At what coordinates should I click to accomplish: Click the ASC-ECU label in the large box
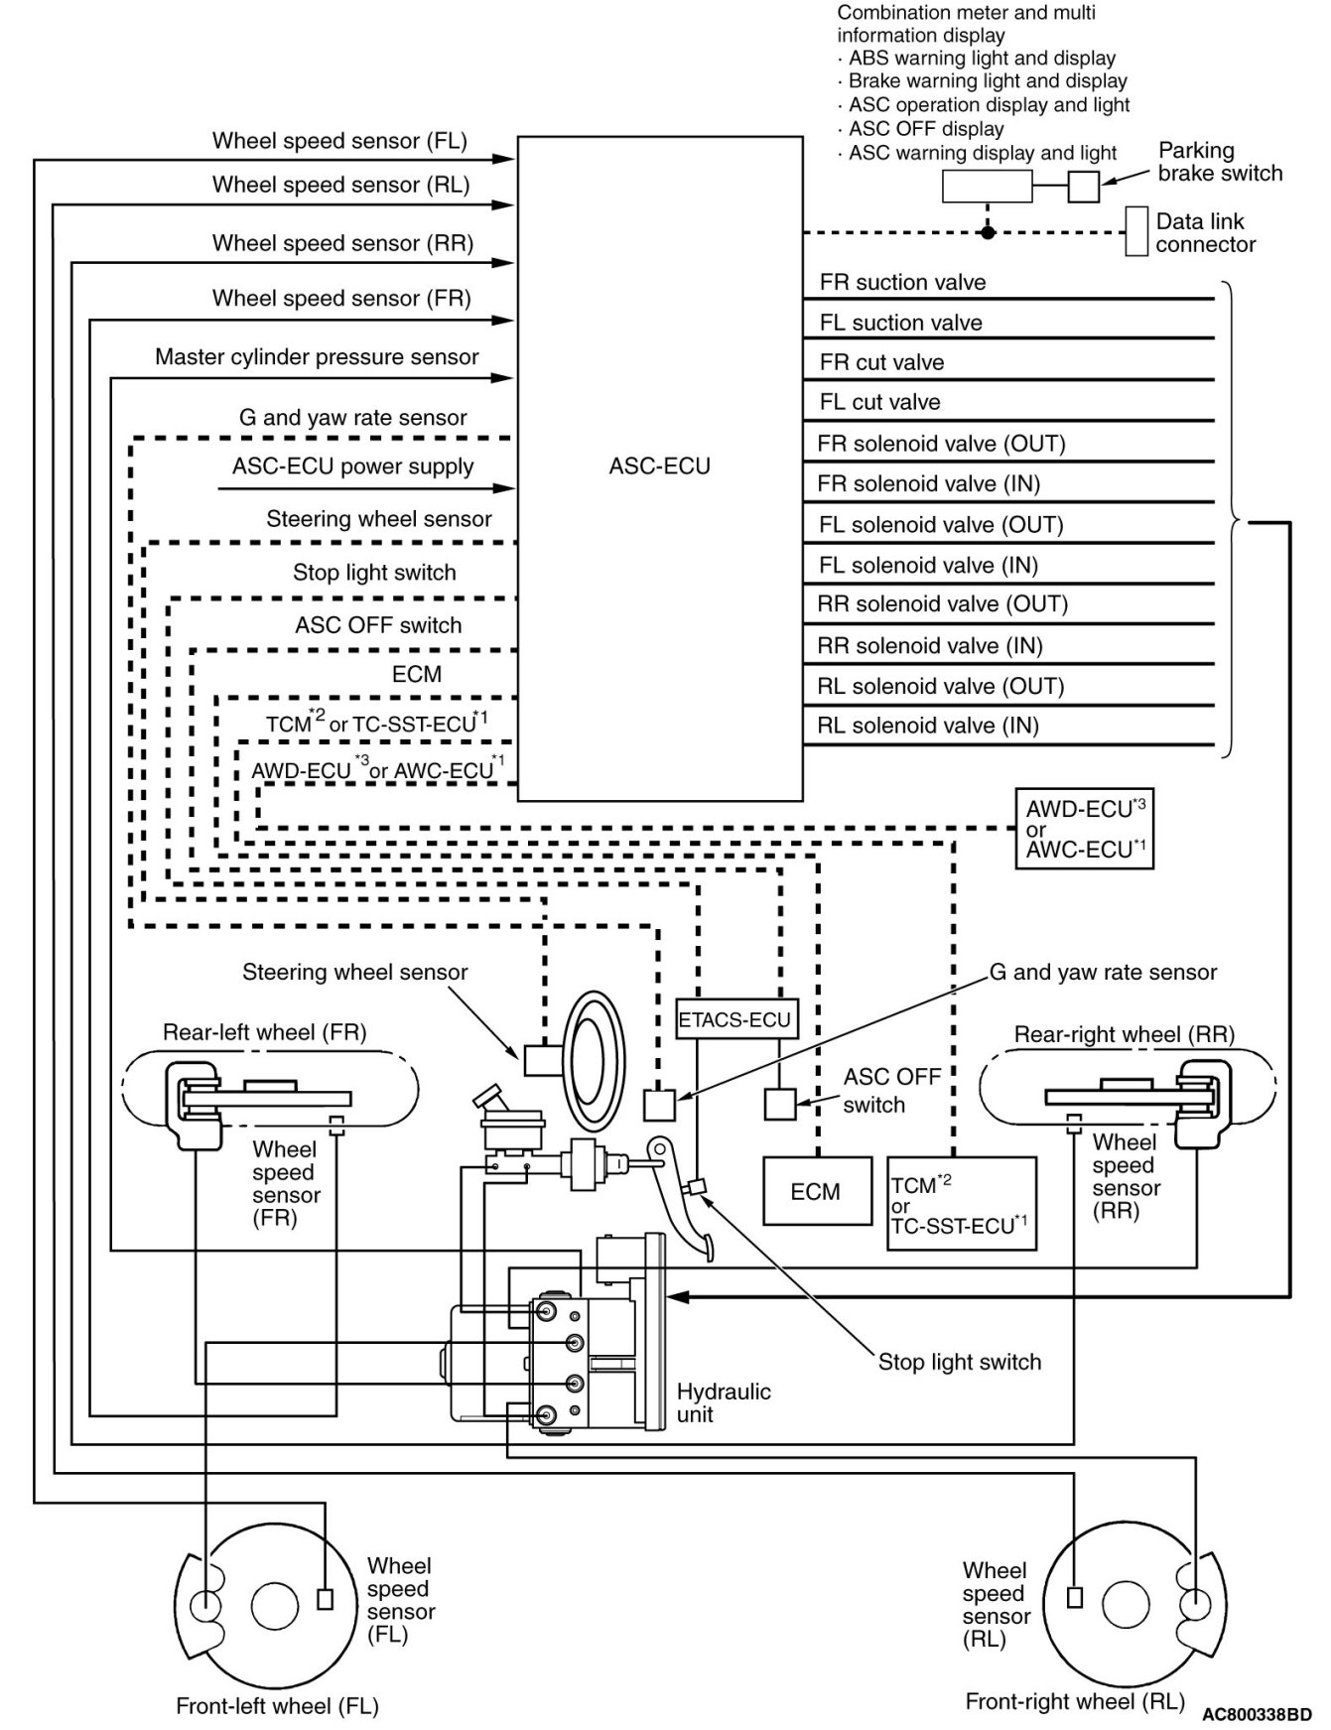pyautogui.click(x=660, y=466)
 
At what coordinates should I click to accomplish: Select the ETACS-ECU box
pyautogui.click(x=735, y=1018)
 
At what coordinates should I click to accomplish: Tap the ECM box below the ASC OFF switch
pyautogui.click(x=817, y=1191)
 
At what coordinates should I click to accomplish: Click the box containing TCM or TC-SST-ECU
pyautogui.click(x=961, y=1203)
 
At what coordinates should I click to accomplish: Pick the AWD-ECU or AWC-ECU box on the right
pyautogui.click(x=1084, y=829)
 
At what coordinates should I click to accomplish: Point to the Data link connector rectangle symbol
pyautogui.click(x=1135, y=231)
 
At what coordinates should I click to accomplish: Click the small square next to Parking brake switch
pyautogui.click(x=1084, y=187)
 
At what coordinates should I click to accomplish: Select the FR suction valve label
pyautogui.click(x=902, y=282)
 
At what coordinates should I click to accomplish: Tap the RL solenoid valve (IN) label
pyautogui.click(x=928, y=726)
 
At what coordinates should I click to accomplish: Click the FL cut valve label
pyautogui.click(x=879, y=402)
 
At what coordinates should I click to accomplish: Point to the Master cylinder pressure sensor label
pyautogui.click(x=317, y=356)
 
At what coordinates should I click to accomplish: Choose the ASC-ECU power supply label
pyautogui.click(x=353, y=466)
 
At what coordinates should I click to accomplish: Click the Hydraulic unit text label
pyautogui.click(x=724, y=1402)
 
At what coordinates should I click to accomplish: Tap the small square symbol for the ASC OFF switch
pyautogui.click(x=780, y=1104)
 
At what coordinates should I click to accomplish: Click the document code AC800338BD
pyautogui.click(x=1257, y=1714)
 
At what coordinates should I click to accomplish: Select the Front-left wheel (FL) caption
pyautogui.click(x=277, y=1706)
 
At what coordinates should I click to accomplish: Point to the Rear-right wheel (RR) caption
pyautogui.click(x=1125, y=1034)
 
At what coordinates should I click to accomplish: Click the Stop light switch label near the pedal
pyautogui.click(x=960, y=1362)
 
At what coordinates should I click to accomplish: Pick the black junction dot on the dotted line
pyautogui.click(x=988, y=232)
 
